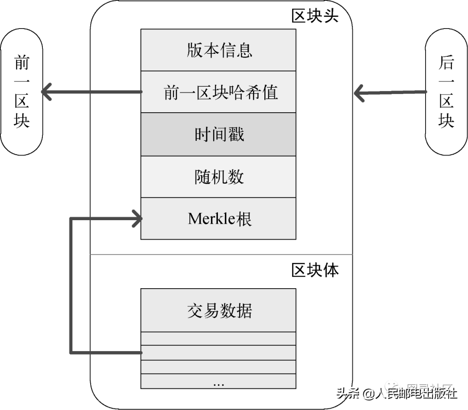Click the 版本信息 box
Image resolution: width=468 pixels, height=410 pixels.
[x=218, y=50]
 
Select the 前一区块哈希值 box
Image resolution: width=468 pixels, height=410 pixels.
[x=218, y=92]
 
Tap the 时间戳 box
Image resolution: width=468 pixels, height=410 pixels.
[x=218, y=134]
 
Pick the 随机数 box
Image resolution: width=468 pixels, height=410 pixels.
[x=218, y=177]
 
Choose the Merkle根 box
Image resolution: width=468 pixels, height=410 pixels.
[x=218, y=218]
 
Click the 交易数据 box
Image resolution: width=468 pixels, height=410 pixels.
[x=218, y=310]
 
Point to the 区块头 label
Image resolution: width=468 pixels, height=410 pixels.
[x=315, y=16]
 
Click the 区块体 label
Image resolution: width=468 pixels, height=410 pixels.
[x=315, y=270]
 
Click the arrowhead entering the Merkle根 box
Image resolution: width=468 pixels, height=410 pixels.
[x=138, y=218]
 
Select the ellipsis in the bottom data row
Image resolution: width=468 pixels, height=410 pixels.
[x=218, y=384]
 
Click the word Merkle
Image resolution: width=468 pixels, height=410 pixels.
[x=210, y=218]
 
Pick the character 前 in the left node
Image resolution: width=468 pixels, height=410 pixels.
[x=22, y=63]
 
